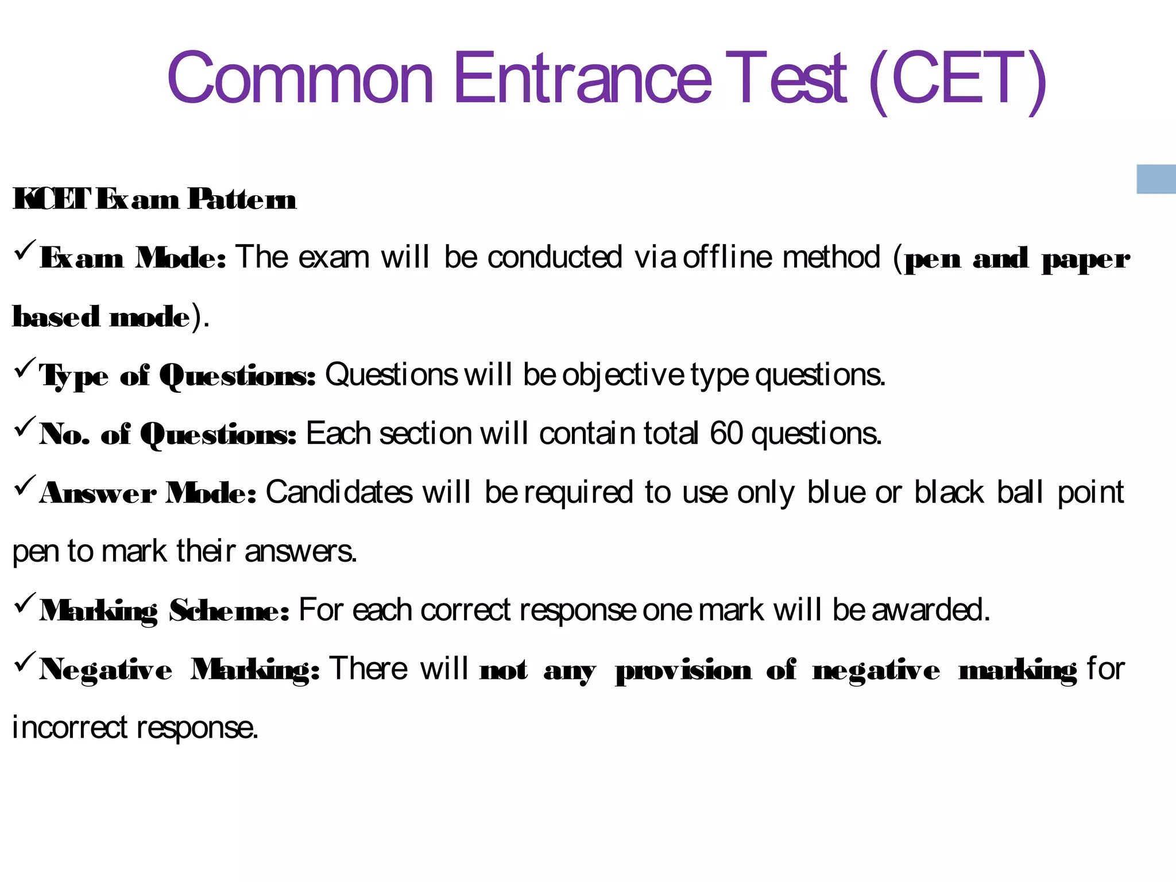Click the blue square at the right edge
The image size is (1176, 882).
pyautogui.click(x=1156, y=179)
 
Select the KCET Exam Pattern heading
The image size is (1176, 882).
pyautogui.click(x=154, y=199)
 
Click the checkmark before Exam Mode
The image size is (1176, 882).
pyautogui.click(x=25, y=250)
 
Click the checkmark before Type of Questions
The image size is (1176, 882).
pyautogui.click(x=25, y=367)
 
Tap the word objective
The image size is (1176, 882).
pyautogui.click(x=622, y=375)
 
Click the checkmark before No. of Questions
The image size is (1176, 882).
pyautogui.click(x=25, y=427)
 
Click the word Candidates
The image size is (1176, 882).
pyautogui.click(x=339, y=492)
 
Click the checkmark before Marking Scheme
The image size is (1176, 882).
pyautogui.click(x=25, y=603)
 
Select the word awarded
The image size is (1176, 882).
pyautogui.click(x=930, y=609)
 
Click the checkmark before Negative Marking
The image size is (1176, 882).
pyautogui.click(x=25, y=661)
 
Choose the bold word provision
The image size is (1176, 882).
pyautogui.click(x=683, y=670)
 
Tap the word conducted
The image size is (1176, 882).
pyautogui.click(x=555, y=257)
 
